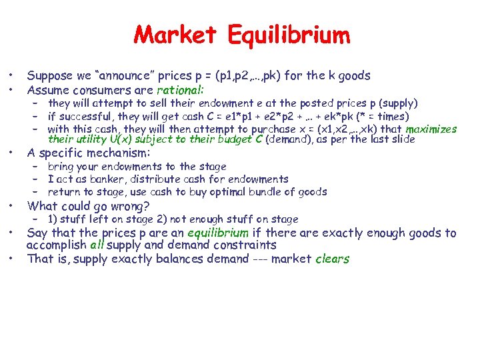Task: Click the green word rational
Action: click(180, 90)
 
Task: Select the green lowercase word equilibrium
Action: click(218, 233)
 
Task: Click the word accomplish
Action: click(56, 245)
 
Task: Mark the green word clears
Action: click(332, 259)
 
